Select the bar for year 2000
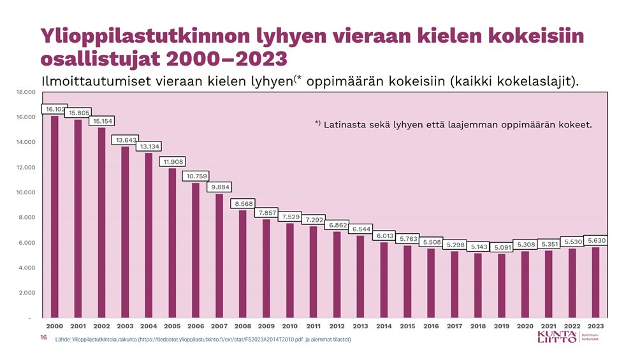coord(55,217)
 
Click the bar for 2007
coord(219,256)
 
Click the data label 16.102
coord(54,109)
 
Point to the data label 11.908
coord(172,162)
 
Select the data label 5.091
coord(502,247)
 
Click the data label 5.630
coord(596,240)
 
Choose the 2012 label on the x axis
coord(337,326)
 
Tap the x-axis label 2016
coord(431,326)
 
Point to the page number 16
coord(43,338)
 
